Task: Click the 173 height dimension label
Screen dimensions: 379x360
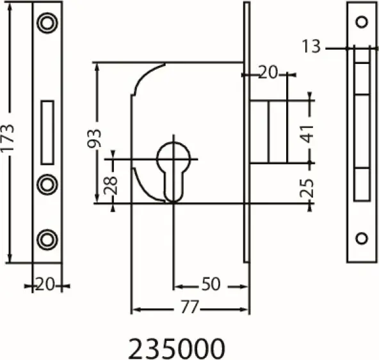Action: [x=7, y=138]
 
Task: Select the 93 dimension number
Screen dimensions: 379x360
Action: [x=94, y=139]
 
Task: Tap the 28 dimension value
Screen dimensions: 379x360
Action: [x=111, y=185]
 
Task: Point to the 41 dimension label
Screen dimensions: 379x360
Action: [x=307, y=134]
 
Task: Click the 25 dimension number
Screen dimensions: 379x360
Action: [x=307, y=188]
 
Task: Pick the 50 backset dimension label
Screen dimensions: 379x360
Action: [x=211, y=284]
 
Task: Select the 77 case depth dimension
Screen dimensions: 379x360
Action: [x=190, y=307]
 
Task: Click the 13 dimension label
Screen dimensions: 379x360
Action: [x=311, y=46]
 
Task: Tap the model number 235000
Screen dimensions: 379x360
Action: [x=177, y=348]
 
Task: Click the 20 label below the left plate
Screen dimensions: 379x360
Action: [x=45, y=285]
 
